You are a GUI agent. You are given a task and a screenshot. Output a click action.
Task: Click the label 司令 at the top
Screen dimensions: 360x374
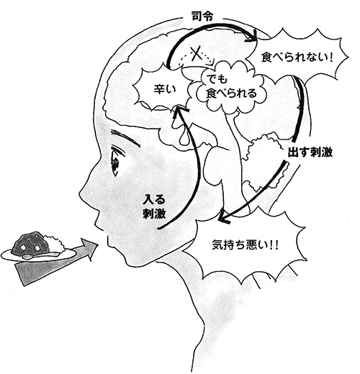202,17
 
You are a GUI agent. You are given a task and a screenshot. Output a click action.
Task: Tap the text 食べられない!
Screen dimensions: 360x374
297,58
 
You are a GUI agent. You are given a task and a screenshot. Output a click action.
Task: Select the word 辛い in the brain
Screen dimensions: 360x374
165,90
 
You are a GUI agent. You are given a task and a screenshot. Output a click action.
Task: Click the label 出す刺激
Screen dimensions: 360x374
310,152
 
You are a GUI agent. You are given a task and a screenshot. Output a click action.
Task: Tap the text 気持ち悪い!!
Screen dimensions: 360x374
245,245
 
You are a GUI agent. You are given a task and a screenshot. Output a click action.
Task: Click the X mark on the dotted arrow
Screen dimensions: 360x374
196,55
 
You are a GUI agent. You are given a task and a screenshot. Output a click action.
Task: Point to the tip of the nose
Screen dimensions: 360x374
80,193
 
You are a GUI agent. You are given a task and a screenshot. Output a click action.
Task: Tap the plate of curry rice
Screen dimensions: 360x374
38,249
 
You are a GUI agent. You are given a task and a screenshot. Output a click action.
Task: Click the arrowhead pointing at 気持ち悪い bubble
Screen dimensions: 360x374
222,216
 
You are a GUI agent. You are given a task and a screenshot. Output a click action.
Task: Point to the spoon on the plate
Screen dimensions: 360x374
41,255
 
